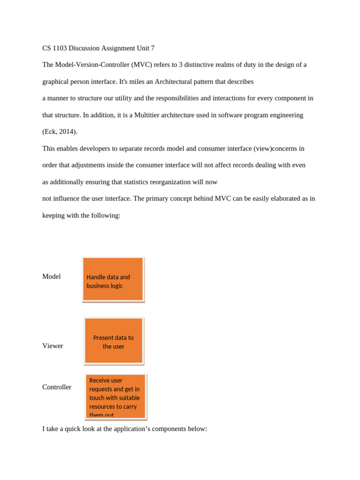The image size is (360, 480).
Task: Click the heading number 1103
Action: click(x=59, y=48)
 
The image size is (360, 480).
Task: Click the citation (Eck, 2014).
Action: click(x=60, y=132)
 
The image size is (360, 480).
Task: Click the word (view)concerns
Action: click(x=279, y=149)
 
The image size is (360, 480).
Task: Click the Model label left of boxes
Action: click(x=52, y=277)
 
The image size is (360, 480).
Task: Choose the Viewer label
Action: click(x=52, y=346)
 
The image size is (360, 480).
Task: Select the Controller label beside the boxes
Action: click(x=57, y=387)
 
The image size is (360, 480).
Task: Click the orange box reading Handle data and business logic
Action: click(x=113, y=279)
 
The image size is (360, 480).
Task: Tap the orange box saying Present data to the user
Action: click(x=113, y=341)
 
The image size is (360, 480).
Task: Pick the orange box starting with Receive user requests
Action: click(x=116, y=396)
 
